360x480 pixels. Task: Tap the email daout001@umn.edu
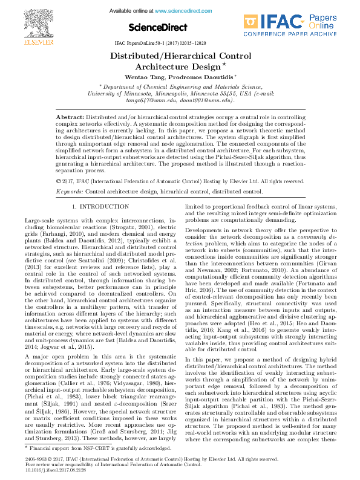195,100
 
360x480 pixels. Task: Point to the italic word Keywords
69,190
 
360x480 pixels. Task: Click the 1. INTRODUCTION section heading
100,207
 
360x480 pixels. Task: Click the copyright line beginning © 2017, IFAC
180,181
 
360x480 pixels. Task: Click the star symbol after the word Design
224,64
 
